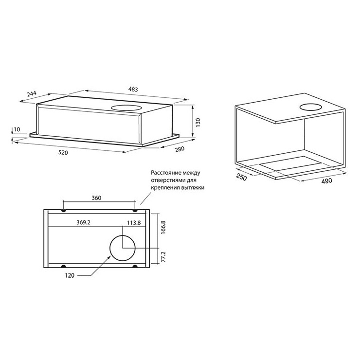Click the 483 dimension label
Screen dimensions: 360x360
pyautogui.click(x=133, y=89)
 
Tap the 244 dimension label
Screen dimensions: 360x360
pyautogui.click(x=32, y=94)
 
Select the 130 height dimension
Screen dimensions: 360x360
pyautogui.click(x=198, y=123)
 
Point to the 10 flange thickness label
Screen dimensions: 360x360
pyautogui.click(x=17, y=129)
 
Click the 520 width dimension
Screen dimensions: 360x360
pyautogui.click(x=63, y=152)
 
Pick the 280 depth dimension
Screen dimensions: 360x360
pyautogui.click(x=180, y=149)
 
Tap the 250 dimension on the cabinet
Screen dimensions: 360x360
pyautogui.click(x=241, y=178)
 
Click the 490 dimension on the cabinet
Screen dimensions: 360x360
pyautogui.click(x=326, y=181)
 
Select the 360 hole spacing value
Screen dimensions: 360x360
pyautogui.click(x=96, y=198)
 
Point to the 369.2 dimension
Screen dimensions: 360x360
pyautogui.click(x=83, y=222)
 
